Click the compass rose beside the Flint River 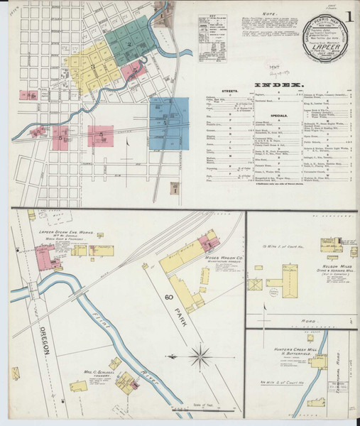tap(202, 352)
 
